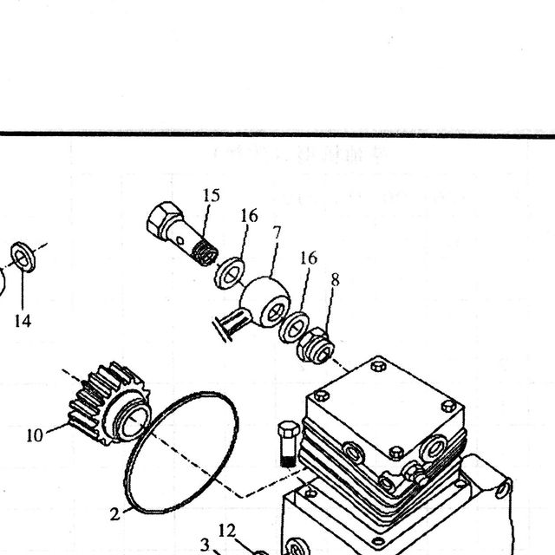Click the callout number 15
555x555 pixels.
(212, 195)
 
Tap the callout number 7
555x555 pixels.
(277, 233)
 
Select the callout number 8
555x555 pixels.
(336, 280)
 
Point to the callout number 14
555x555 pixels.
(23, 321)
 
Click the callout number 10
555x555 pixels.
(35, 435)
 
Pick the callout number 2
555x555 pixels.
(114, 514)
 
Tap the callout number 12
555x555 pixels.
(227, 531)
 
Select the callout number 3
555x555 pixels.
(205, 545)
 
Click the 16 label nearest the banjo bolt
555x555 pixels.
(249, 216)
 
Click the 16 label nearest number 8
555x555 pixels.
(309, 258)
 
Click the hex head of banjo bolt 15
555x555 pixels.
(164, 219)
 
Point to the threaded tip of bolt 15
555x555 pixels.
(206, 252)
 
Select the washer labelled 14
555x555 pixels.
(23, 257)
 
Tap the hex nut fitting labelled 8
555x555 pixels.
(316, 345)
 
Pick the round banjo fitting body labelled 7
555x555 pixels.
(265, 302)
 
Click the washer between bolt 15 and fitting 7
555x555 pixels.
(230, 274)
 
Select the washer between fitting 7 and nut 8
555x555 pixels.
(294, 328)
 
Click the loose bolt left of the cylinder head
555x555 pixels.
(289, 444)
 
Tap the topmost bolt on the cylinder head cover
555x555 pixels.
(378, 366)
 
